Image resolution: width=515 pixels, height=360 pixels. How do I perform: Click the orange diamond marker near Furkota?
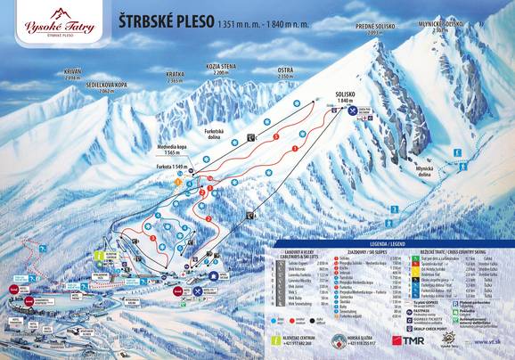pyautogui.click(x=176, y=182)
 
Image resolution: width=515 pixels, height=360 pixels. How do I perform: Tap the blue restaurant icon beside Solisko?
pyautogui.click(x=354, y=111)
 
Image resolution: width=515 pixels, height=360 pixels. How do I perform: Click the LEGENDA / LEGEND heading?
pyautogui.click(x=388, y=242)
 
